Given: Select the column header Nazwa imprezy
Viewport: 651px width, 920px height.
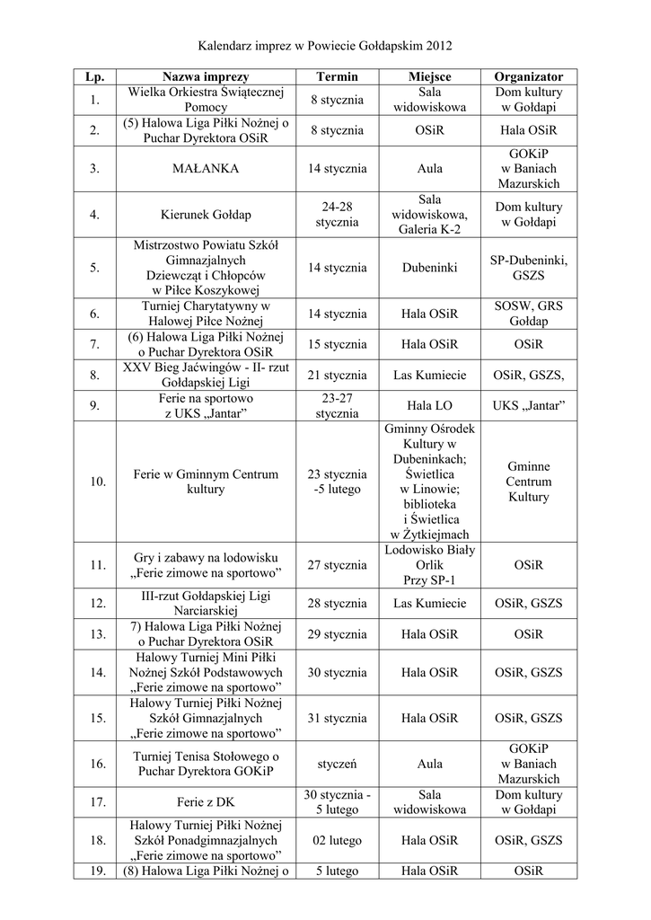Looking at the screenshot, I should coord(206,77).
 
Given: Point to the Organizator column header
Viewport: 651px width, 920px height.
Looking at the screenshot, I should coord(529,77).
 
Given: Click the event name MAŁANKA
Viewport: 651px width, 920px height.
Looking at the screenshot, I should coord(206,167).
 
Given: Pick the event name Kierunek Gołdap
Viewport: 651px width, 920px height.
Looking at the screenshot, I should coord(206,214).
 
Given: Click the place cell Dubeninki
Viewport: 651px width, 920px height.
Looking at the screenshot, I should coord(429,268).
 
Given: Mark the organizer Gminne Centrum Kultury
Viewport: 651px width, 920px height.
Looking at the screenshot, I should coord(529,482).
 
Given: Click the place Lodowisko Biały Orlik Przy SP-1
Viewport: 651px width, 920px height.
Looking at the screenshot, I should coord(429,565).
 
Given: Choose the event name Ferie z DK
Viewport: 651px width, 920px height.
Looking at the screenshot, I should coord(206,802).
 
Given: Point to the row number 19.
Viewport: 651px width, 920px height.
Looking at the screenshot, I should coord(96,871).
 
